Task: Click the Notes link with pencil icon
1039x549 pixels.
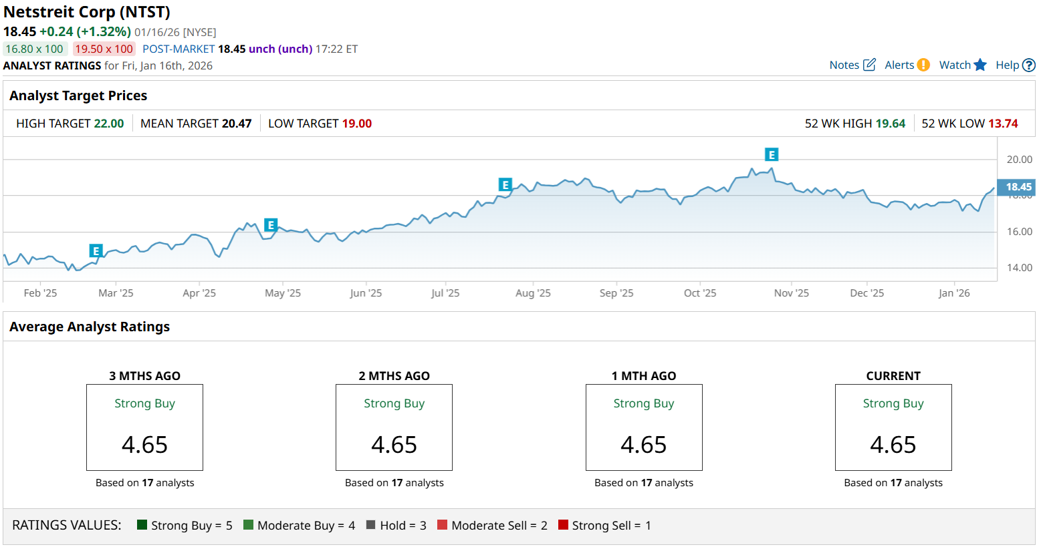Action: point(852,65)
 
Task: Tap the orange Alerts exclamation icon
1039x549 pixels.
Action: point(923,65)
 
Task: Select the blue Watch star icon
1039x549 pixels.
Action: point(980,65)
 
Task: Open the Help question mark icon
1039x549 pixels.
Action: point(1029,65)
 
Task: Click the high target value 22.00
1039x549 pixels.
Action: point(109,124)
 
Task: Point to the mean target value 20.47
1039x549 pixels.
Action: point(237,124)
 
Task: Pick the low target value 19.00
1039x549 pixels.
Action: point(356,124)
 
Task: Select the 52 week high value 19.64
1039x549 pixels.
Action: point(890,124)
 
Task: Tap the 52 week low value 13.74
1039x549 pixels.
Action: point(1003,124)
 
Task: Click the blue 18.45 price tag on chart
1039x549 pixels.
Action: point(1018,187)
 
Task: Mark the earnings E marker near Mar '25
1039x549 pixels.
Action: point(96,251)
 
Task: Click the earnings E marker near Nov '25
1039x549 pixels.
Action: point(772,155)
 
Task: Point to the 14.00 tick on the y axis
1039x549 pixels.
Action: point(1019,268)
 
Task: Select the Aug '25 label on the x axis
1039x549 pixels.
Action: point(533,293)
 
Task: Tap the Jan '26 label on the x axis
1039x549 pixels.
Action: point(953,293)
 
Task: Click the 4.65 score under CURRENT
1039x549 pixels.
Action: point(893,445)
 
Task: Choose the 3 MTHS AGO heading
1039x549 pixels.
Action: point(144,376)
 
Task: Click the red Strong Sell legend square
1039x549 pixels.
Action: point(563,525)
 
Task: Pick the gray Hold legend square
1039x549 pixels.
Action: point(371,525)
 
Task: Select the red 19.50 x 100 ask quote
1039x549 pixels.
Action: point(104,49)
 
